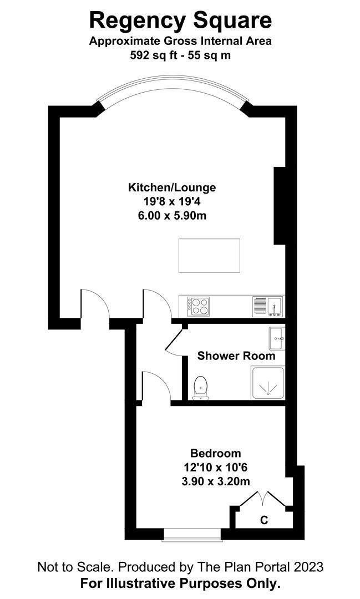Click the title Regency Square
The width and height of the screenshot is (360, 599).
180,21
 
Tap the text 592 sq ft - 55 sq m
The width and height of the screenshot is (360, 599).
180,55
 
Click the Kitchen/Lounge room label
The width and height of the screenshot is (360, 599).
172,187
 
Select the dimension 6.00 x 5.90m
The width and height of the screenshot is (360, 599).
172,215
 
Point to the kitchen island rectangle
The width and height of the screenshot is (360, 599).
209,255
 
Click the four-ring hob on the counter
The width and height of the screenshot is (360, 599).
199,305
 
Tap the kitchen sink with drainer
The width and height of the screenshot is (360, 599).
267,305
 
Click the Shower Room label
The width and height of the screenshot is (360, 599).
236,356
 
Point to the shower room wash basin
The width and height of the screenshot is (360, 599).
276,337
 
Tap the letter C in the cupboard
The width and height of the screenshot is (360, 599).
264,520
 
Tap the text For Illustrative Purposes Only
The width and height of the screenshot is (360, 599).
180,583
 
